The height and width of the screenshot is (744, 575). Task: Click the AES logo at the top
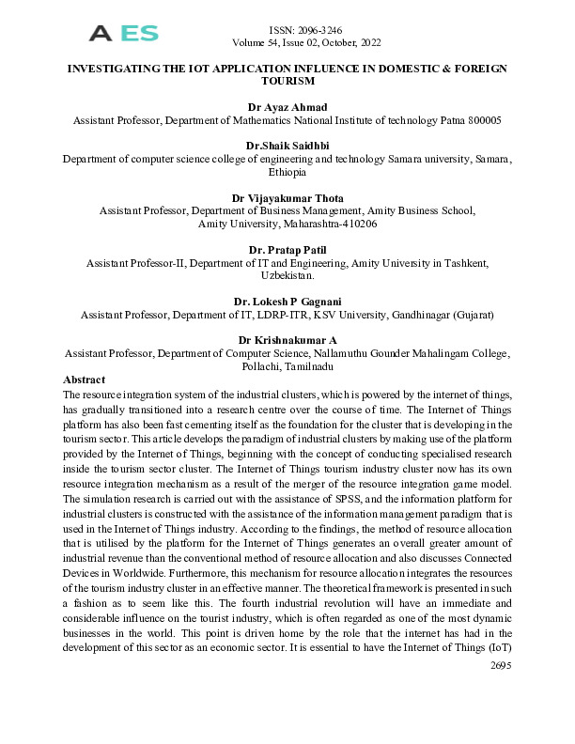tap(123, 35)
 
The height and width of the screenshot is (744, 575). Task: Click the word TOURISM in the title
tap(287, 82)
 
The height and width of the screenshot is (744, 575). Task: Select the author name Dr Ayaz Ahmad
tap(287, 108)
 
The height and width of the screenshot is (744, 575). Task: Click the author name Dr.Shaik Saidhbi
tap(287, 146)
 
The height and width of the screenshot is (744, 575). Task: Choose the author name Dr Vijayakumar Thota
tap(287, 198)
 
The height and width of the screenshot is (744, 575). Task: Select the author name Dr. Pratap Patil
tap(287, 250)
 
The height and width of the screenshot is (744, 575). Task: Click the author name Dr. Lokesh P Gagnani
tap(287, 302)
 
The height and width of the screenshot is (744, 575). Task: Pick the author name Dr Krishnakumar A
tap(287, 340)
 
